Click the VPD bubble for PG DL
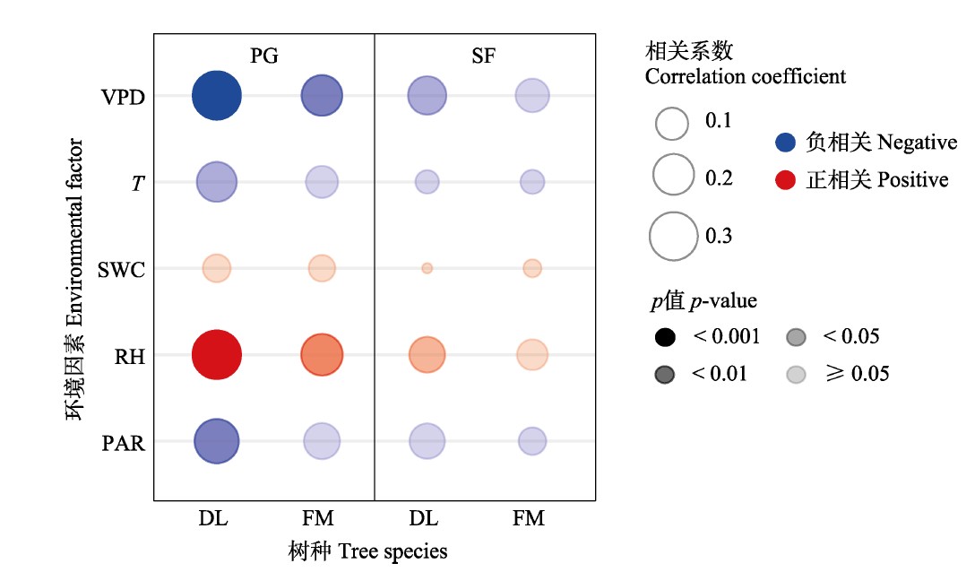pyautogui.click(x=217, y=95)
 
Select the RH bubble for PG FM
pyautogui.click(x=322, y=355)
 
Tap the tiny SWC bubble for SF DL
pyautogui.click(x=427, y=268)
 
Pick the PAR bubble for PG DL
pyautogui.click(x=217, y=441)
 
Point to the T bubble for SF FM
pyautogui.click(x=532, y=182)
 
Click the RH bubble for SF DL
pyautogui.click(x=427, y=355)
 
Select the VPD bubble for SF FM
pyautogui.click(x=532, y=95)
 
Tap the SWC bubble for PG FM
pyautogui.click(x=322, y=268)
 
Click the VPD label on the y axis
pyautogui.click(x=124, y=97)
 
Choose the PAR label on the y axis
pyautogui.click(x=124, y=443)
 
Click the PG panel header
pyautogui.click(x=263, y=56)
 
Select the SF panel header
pyautogui.click(x=484, y=56)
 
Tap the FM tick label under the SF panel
pyautogui.click(x=529, y=518)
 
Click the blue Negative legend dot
pyautogui.click(x=785, y=143)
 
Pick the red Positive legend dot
pyautogui.click(x=785, y=179)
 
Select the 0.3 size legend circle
pyautogui.click(x=673, y=236)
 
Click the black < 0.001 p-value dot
pyautogui.click(x=665, y=337)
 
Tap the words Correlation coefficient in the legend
pyautogui.click(x=746, y=75)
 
